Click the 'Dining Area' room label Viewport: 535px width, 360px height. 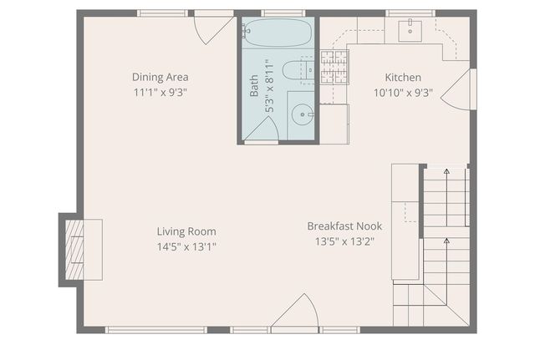(159, 77)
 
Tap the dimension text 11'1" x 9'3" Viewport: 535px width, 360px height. (159, 92)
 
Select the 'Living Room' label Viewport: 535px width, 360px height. (186, 231)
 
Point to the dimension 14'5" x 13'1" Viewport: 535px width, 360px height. (186, 246)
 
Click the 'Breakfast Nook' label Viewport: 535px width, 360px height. (344, 226)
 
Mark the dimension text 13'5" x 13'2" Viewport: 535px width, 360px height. (344, 242)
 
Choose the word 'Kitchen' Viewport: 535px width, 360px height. (402, 78)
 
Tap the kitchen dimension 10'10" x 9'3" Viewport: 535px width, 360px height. (402, 93)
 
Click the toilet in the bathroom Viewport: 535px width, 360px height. (296, 71)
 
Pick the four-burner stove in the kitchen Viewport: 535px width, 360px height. (334, 68)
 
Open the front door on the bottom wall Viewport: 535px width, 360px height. (294, 316)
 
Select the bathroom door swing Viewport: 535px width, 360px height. (261, 129)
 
